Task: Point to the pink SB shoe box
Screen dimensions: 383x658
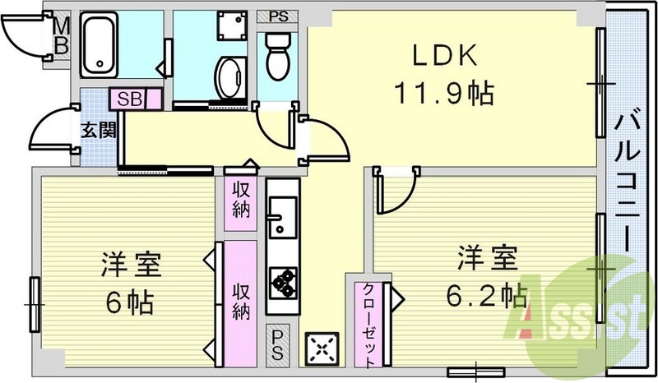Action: [129, 99]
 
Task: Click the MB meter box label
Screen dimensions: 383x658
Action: [61, 36]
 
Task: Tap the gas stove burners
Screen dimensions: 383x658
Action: [284, 281]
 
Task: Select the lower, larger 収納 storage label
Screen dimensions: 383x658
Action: [241, 300]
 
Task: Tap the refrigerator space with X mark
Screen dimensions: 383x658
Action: [322, 350]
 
